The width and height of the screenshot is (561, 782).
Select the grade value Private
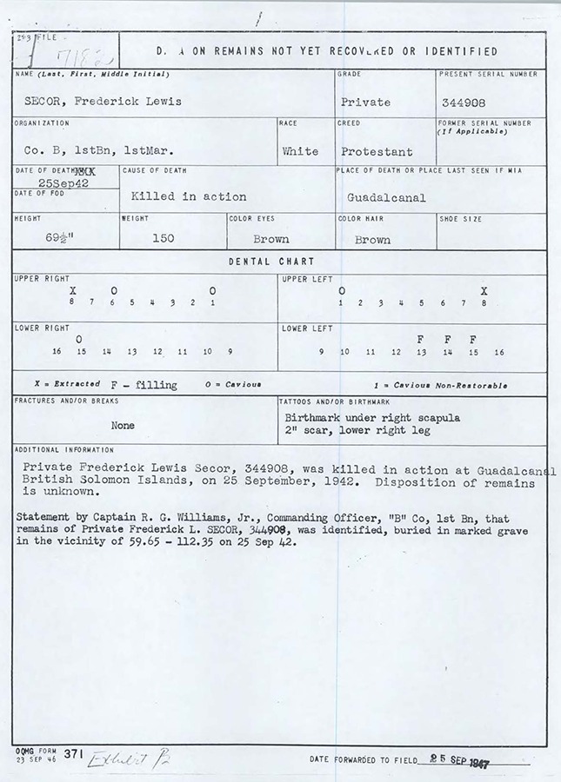(365, 102)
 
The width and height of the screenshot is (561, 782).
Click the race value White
(300, 151)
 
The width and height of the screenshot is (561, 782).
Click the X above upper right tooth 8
(72, 290)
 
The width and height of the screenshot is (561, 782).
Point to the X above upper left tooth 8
(484, 290)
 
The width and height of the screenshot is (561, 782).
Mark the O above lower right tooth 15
(79, 339)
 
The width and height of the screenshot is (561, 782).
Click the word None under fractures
(123, 426)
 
